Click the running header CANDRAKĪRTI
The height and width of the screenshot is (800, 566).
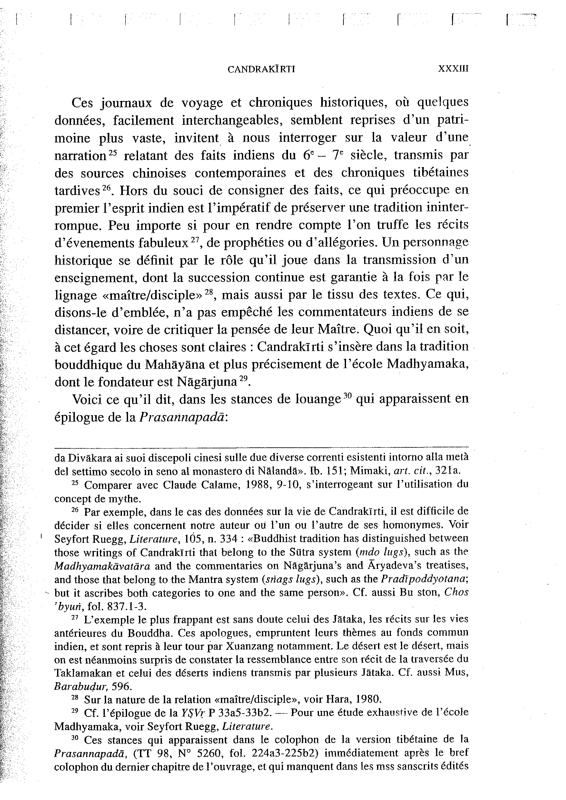tap(261, 69)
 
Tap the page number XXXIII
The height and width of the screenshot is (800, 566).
tap(453, 69)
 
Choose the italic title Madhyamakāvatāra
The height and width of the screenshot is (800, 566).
tap(102, 566)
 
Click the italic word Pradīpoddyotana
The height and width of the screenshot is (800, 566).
tap(424, 579)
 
